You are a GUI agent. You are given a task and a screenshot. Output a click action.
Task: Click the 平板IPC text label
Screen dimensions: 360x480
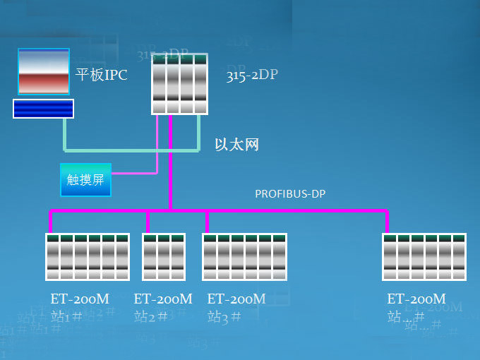(101, 75)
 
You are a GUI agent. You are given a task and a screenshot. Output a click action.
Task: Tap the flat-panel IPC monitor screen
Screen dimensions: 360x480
(44, 71)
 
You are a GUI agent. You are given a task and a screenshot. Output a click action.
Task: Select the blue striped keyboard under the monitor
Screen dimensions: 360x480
(43, 109)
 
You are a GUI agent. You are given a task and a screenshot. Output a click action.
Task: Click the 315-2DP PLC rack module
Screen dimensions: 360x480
(180, 84)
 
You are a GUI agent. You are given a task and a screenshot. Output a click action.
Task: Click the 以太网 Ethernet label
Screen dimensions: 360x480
(236, 145)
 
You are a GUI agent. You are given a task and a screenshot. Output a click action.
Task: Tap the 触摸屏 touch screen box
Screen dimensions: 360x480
(85, 179)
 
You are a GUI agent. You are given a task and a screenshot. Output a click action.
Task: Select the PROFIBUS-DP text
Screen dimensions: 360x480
(290, 193)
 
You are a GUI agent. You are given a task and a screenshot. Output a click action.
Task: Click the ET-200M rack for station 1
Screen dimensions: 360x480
(88, 257)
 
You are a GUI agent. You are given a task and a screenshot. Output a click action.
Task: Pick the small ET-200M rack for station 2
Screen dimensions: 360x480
(164, 257)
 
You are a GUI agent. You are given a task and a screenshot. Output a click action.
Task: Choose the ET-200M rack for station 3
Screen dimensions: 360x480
(244, 257)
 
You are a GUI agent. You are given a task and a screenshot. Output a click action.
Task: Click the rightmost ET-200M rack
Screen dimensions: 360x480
(424, 257)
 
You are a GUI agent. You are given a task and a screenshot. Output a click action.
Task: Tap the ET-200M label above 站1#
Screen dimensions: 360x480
(80, 299)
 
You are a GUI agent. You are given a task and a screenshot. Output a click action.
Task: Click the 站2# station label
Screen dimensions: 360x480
(150, 316)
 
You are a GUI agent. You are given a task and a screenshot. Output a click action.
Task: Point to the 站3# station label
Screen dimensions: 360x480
(224, 316)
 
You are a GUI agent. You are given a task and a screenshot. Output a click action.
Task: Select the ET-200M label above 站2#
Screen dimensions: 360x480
(163, 299)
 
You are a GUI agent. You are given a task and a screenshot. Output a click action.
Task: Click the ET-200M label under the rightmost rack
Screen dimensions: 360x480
(416, 299)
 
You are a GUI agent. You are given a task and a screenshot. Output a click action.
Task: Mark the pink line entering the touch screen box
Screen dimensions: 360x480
(134, 172)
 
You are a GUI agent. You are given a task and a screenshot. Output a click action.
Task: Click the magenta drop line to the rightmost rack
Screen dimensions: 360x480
(388, 222)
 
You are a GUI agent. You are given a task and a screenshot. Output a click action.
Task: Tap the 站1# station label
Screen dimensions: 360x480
(66, 316)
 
